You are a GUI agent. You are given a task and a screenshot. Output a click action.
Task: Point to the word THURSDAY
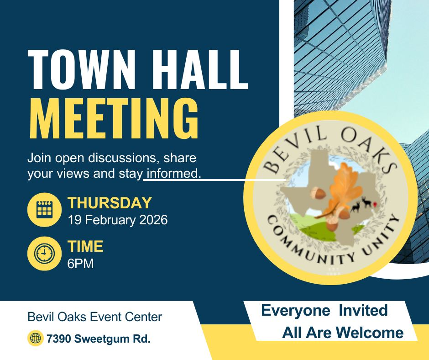109,202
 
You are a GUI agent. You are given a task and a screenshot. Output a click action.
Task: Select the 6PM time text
80,264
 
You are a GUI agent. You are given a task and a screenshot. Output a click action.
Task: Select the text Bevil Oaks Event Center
95,317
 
